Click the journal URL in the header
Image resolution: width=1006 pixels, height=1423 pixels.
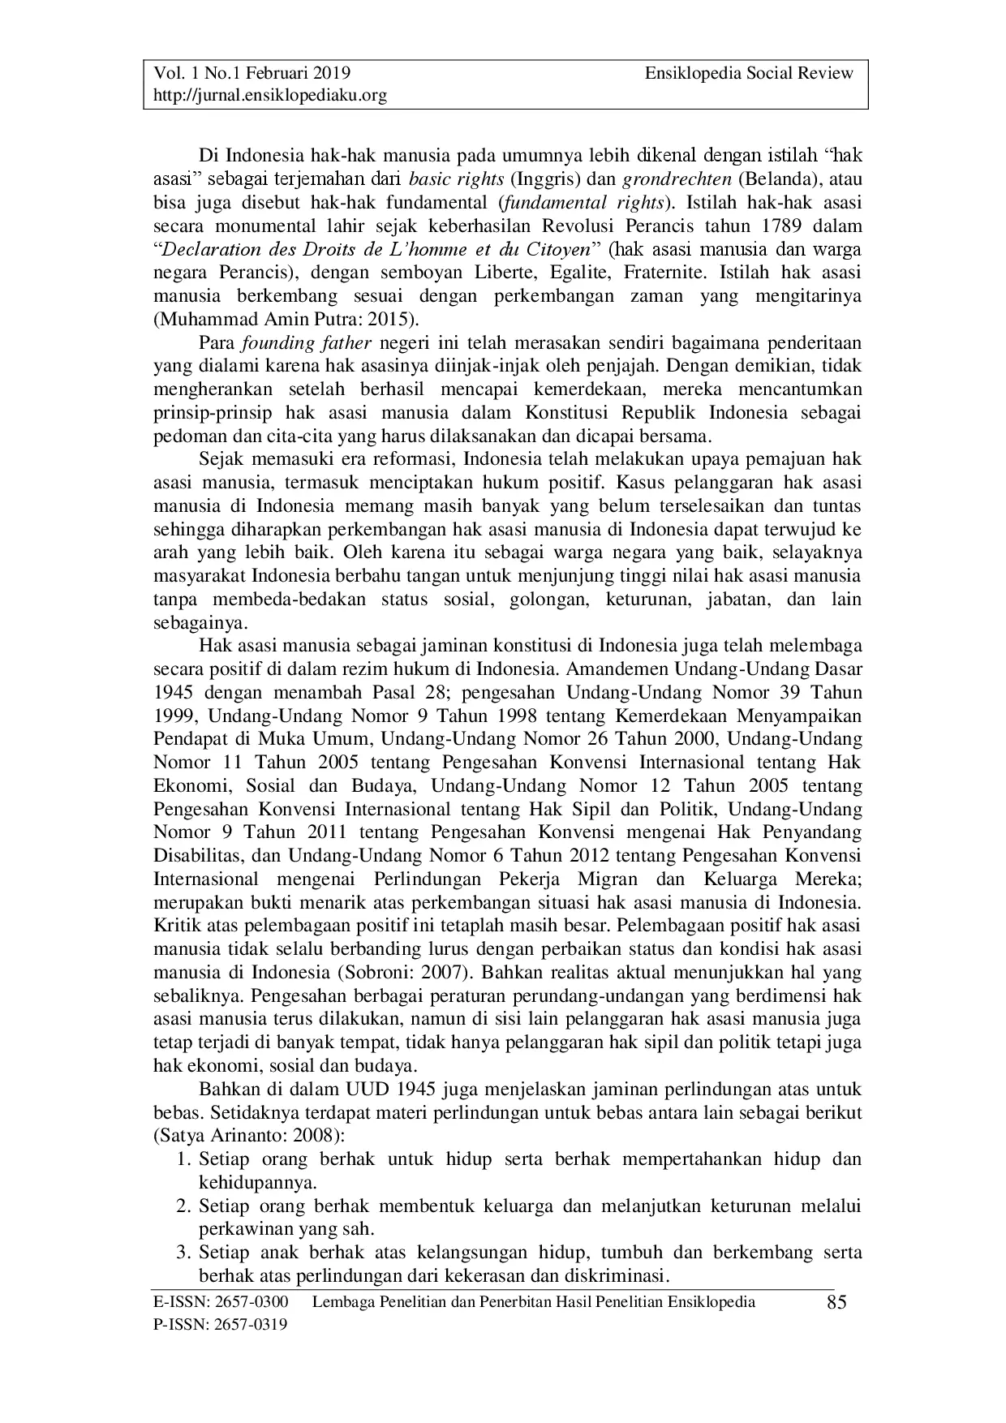pyautogui.click(x=270, y=96)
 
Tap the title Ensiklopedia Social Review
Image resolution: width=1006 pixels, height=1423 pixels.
pyautogui.click(x=749, y=73)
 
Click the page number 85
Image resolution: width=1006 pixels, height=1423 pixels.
pyautogui.click(x=836, y=1303)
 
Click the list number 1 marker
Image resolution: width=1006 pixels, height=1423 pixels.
pyautogui.click(x=183, y=1159)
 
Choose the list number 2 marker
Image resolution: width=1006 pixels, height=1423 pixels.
pyautogui.click(x=183, y=1206)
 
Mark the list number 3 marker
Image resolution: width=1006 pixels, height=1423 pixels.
pyautogui.click(x=183, y=1253)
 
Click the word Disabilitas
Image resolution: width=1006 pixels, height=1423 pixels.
pyautogui.click(x=198, y=856)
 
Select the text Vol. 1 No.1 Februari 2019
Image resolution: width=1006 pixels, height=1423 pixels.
pyautogui.click(x=252, y=73)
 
